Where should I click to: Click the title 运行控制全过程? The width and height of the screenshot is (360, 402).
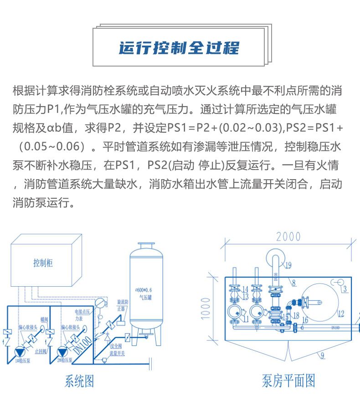(x=179, y=48)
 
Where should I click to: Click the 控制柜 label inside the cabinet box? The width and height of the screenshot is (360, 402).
(x=43, y=263)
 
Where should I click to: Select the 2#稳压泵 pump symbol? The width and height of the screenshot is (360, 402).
(x=61, y=352)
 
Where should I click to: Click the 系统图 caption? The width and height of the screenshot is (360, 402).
(x=80, y=381)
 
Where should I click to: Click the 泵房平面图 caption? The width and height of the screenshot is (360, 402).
(x=288, y=381)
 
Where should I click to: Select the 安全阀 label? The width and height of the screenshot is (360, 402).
(x=115, y=346)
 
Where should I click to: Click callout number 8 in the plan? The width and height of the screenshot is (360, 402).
(x=293, y=283)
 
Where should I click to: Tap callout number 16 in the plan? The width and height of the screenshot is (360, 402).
(x=305, y=320)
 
